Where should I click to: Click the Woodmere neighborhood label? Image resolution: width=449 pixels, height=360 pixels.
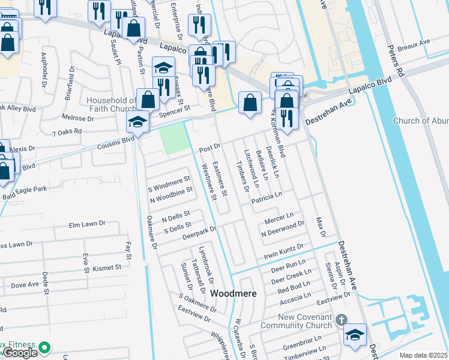pyautogui.click(x=234, y=294)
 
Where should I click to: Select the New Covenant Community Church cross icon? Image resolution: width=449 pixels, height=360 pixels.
pyautogui.click(x=342, y=319)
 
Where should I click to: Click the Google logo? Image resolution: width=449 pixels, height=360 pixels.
pyautogui.click(x=19, y=353)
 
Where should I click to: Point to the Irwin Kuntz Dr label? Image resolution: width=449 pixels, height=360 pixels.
pyautogui.click(x=284, y=251)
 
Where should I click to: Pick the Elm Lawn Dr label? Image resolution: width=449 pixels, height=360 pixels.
pyautogui.click(x=87, y=225)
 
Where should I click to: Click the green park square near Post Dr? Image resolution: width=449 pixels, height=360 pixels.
pyautogui.click(x=172, y=142)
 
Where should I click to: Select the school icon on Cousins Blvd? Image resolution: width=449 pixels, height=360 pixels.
pyautogui.click(x=137, y=122)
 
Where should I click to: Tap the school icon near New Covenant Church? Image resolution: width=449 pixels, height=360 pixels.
pyautogui.click(x=355, y=335)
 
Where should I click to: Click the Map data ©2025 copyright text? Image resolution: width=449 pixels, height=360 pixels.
pyautogui.click(x=424, y=355)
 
